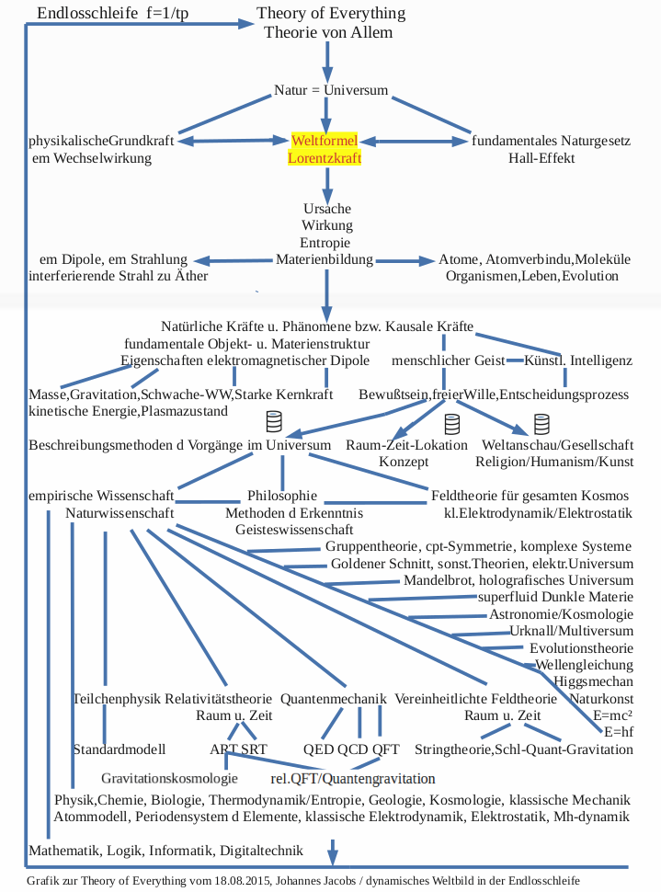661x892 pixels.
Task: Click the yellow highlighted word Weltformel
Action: pyautogui.click(x=325, y=142)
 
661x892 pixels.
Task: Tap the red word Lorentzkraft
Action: pyautogui.click(x=325, y=158)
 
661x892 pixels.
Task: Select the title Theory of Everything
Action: pyautogui.click(x=331, y=15)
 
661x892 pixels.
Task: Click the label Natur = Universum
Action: pyautogui.click(x=331, y=91)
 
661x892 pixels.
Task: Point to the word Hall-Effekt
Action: pyautogui.click(x=541, y=158)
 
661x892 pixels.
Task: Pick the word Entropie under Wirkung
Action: pyautogui.click(x=326, y=242)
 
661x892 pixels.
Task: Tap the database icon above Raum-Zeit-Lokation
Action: pyautogui.click(x=451, y=424)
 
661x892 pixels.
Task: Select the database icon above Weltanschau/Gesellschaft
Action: pyautogui.click(x=541, y=424)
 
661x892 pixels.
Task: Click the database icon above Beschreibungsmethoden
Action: pyautogui.click(x=273, y=422)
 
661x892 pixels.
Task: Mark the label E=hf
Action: pyautogui.click(x=619, y=732)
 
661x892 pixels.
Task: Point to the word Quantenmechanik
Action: pyautogui.click(x=334, y=699)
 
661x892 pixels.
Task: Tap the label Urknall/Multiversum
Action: pyautogui.click(x=571, y=632)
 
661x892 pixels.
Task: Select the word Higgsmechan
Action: pyautogui.click(x=594, y=681)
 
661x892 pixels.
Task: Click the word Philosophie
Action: pyautogui.click(x=282, y=496)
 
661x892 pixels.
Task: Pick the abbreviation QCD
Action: pyautogui.click(x=352, y=749)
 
